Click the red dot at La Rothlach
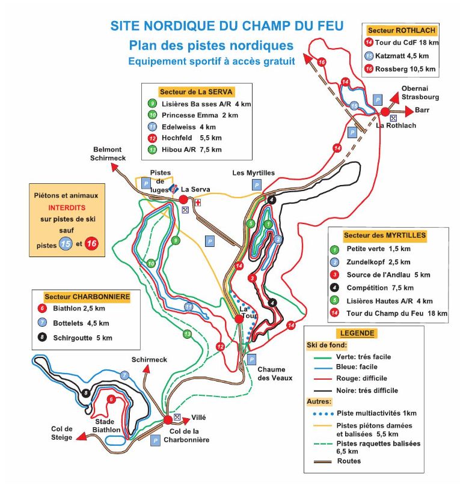pos(385,112)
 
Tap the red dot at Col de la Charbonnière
pos(167,420)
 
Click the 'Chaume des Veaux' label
pos(275,374)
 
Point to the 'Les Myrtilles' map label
pos(253,173)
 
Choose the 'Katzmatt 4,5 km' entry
pos(403,55)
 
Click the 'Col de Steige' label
pos(62,433)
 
